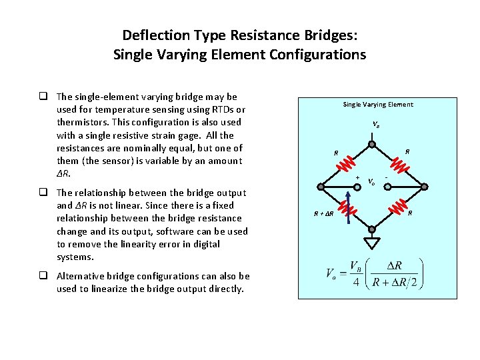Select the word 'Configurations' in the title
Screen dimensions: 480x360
[x=318, y=55]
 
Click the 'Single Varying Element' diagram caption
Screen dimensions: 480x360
[x=378, y=104]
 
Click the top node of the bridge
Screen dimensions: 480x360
[x=371, y=144]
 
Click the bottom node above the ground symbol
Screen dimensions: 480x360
[x=371, y=229]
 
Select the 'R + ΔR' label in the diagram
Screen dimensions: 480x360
[x=325, y=214]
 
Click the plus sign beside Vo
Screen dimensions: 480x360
[x=358, y=177]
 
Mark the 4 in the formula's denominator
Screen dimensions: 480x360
[x=355, y=283]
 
